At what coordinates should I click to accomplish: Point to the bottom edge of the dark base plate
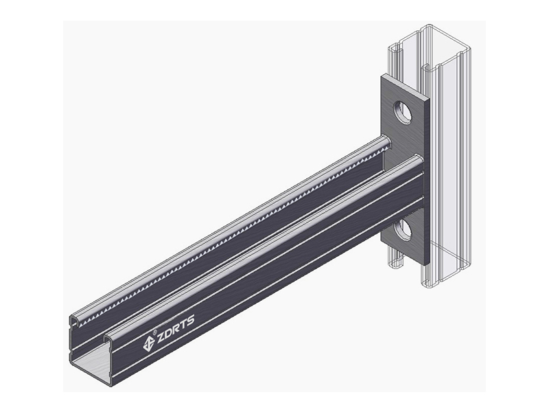[x=405, y=262]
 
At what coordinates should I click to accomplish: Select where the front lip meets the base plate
[x=417, y=160]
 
